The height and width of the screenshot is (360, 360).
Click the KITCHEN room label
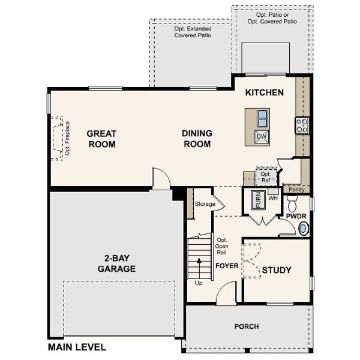click(x=264, y=93)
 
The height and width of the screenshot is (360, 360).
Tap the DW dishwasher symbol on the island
click(x=261, y=136)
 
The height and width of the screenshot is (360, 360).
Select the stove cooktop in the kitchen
click(x=301, y=126)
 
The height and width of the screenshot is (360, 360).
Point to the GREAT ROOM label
click(x=101, y=139)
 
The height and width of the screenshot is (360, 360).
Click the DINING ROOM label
click(x=197, y=139)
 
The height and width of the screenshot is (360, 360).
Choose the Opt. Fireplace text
click(x=67, y=138)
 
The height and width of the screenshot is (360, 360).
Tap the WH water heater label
click(x=273, y=198)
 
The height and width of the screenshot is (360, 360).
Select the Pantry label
click(x=297, y=189)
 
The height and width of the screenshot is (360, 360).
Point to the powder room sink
click(x=304, y=228)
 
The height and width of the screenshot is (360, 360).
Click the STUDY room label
click(x=277, y=270)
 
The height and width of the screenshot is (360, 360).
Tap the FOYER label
click(x=227, y=265)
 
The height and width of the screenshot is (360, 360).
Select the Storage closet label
click(x=205, y=205)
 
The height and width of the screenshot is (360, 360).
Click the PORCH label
click(x=247, y=327)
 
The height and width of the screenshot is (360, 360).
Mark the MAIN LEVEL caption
click(x=77, y=347)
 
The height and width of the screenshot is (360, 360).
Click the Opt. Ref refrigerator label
click(x=266, y=176)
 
